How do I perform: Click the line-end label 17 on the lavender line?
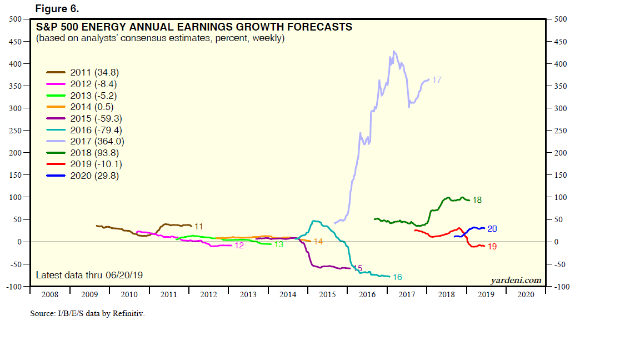click(437, 80)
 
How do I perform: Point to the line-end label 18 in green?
click(477, 200)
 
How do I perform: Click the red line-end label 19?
click(492, 246)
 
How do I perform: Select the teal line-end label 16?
click(397, 277)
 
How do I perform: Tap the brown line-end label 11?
click(198, 226)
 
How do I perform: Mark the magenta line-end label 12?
click(239, 246)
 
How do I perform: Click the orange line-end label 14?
click(318, 241)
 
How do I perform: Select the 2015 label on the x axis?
click(327, 294)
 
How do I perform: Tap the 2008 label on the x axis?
click(49, 294)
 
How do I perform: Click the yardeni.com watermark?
click(516, 280)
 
